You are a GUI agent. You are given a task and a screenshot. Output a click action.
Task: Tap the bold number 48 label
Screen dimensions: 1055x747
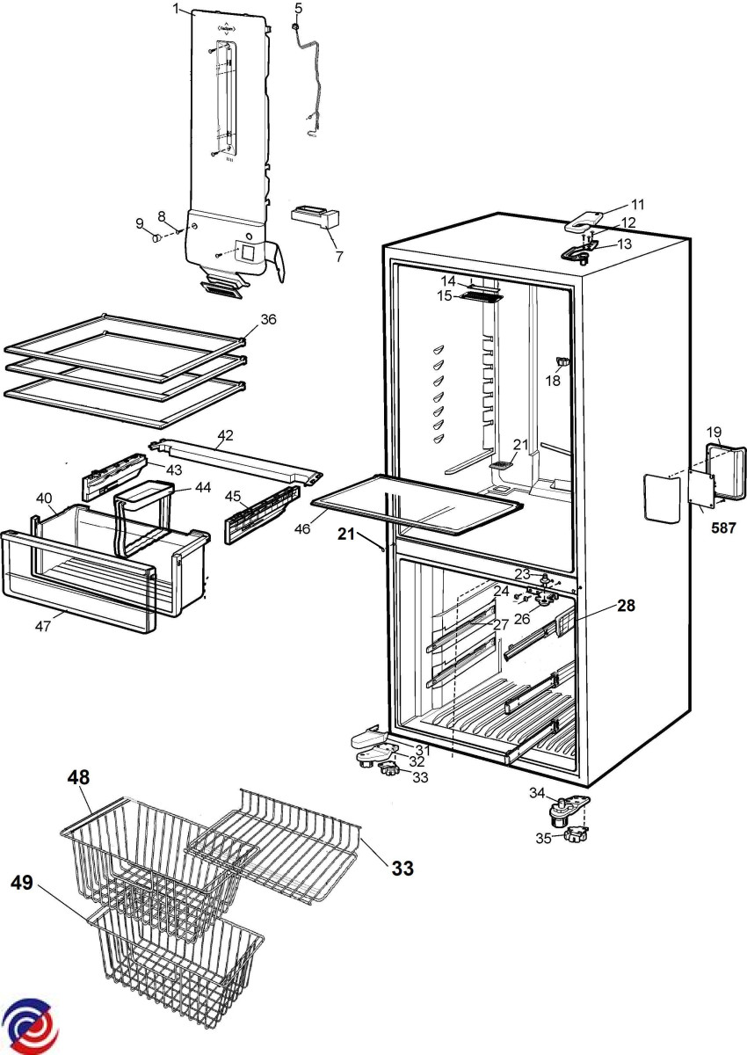coord(77,778)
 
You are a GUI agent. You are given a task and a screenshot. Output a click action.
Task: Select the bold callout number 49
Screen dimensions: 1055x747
coord(24,883)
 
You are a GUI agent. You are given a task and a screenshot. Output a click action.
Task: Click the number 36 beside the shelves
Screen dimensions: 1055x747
coord(268,319)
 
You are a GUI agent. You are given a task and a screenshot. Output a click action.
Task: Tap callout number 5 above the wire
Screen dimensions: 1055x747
coord(298,8)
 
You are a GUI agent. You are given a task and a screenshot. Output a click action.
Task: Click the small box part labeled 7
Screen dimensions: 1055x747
coord(315,215)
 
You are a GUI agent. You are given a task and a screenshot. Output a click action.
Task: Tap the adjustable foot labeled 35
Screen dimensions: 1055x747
coord(577,837)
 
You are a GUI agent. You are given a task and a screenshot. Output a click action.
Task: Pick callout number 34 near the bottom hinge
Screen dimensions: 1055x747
coord(537,793)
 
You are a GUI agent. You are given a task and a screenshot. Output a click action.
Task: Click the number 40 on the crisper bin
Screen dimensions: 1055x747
coord(44,498)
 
